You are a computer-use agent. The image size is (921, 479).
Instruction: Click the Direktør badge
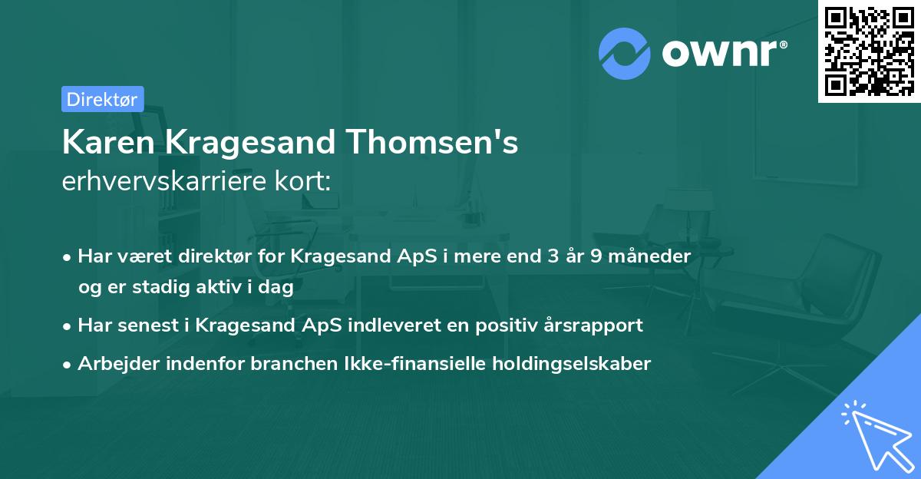(102, 99)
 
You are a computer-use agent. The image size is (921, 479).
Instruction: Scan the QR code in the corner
(869, 51)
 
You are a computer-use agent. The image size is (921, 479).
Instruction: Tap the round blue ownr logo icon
(625, 53)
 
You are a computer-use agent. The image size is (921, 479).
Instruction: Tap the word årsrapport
(594, 325)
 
